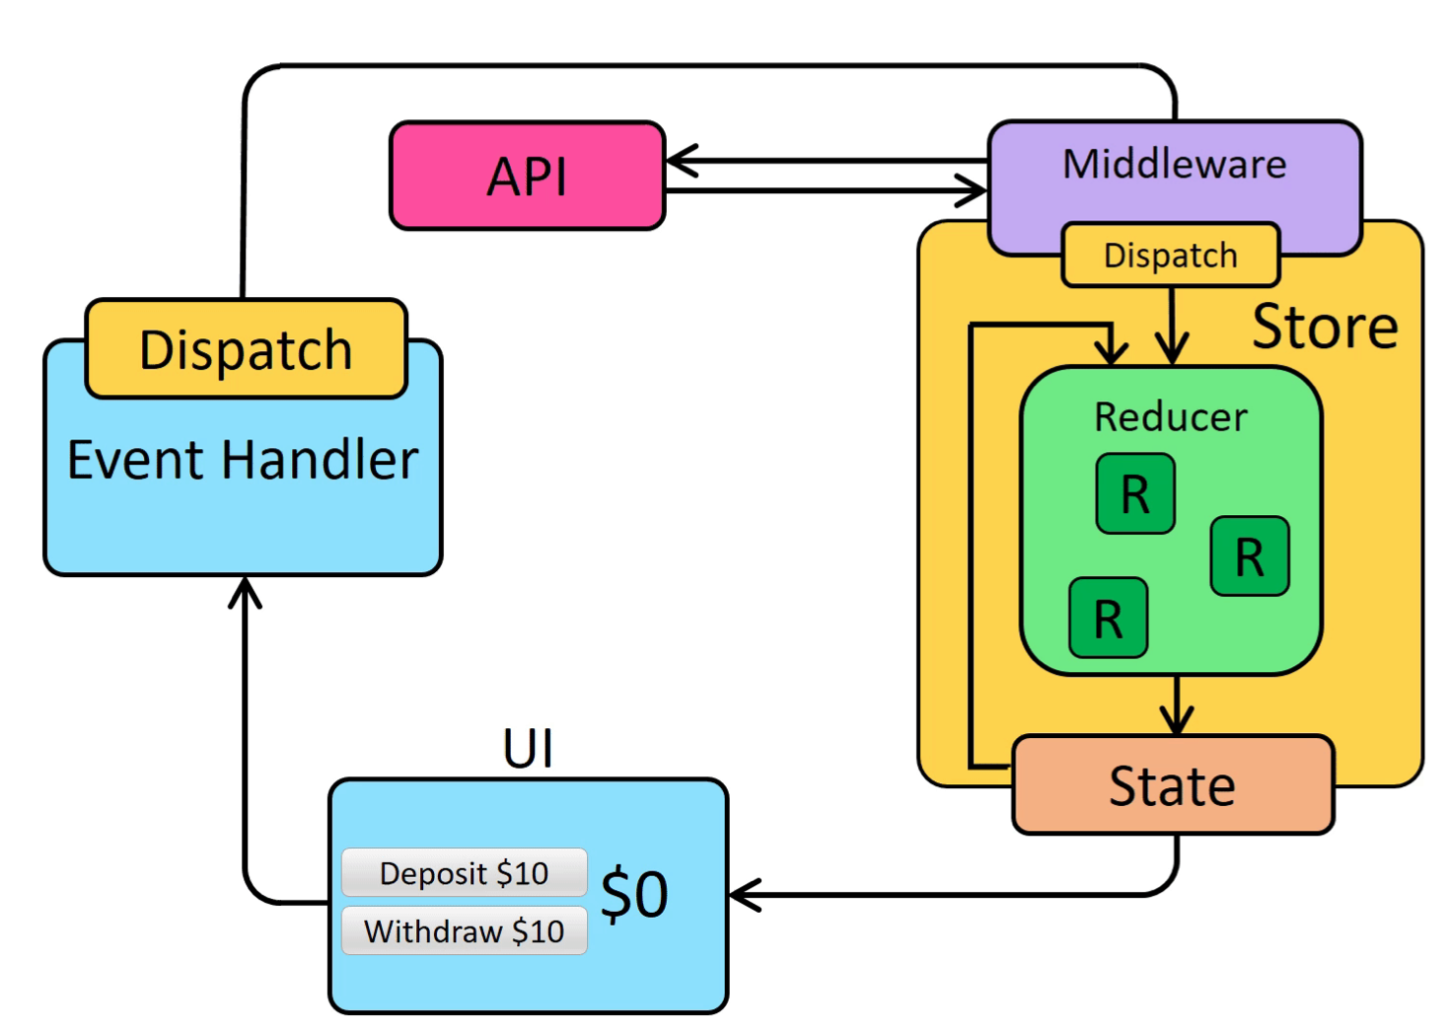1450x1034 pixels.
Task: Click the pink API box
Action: click(528, 177)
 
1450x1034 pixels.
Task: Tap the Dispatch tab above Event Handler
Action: click(246, 349)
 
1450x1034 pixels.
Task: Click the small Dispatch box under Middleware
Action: click(1170, 256)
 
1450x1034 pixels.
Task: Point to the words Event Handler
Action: click(243, 461)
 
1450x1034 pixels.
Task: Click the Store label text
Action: click(1325, 327)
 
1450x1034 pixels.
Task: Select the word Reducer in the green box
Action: click(1171, 417)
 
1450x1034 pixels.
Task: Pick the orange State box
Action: click(1173, 785)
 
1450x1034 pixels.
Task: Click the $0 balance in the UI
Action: click(634, 894)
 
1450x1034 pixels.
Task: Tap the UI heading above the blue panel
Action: click(528, 749)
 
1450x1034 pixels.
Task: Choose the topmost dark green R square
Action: click(1135, 493)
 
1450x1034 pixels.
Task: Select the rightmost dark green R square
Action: click(1250, 556)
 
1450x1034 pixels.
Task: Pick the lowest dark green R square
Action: click(1108, 619)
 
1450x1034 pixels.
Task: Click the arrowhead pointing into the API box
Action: click(679, 160)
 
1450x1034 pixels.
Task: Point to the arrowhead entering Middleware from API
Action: click(975, 190)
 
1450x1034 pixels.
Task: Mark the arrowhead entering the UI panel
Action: click(742, 895)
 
